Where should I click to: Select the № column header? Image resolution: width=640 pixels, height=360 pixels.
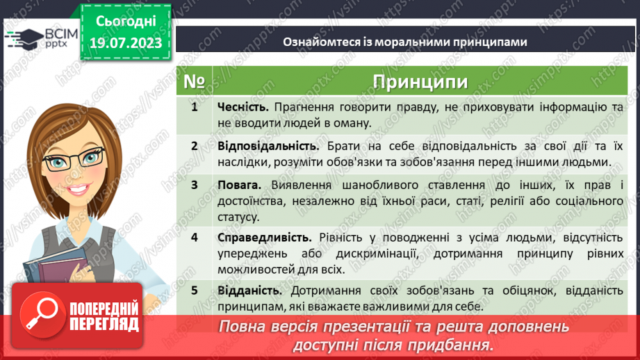point(194,83)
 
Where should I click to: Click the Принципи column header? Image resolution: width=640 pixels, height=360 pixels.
point(420,83)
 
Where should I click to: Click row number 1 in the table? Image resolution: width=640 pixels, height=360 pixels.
point(195,107)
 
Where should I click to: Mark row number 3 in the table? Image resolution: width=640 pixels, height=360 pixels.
point(195,185)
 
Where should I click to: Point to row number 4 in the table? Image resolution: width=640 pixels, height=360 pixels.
point(195,238)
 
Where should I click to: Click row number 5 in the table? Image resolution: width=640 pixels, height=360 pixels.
point(195,290)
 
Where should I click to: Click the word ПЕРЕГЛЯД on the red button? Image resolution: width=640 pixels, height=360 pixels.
point(104,325)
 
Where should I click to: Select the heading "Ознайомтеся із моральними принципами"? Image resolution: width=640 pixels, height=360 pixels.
point(404,42)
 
